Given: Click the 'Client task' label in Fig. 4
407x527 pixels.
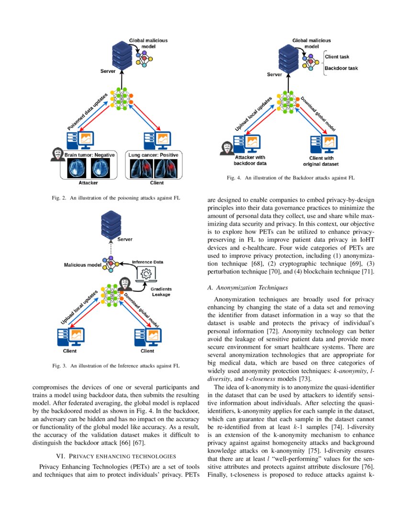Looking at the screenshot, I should click(x=338, y=57).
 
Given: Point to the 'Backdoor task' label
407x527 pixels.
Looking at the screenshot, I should click(x=341, y=69).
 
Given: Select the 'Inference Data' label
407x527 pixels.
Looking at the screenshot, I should click(x=147, y=262).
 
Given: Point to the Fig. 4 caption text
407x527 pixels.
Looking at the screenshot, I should click(x=291, y=178).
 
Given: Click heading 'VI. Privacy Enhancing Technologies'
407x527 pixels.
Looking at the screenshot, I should click(x=116, y=455).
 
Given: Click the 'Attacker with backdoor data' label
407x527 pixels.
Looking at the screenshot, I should click(x=250, y=160).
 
